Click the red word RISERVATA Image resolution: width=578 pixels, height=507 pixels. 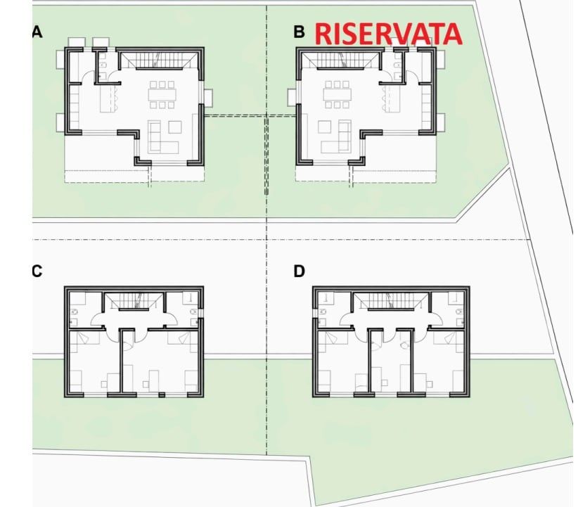pyautogui.click(x=387, y=34)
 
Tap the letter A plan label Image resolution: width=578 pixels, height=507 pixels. pyautogui.click(x=37, y=32)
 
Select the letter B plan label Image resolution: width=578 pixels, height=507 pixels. pyautogui.click(x=300, y=32)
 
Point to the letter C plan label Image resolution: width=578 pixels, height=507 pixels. pyautogui.click(x=37, y=271)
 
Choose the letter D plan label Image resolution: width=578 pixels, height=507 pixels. pyautogui.click(x=300, y=271)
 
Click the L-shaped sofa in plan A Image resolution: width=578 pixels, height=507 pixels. pyautogui.click(x=163, y=138)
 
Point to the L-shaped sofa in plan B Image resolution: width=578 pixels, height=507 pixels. pyautogui.click(x=335, y=138)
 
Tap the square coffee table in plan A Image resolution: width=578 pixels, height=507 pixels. pyautogui.click(x=174, y=127)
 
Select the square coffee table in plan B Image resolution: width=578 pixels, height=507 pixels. pyautogui.click(x=324, y=127)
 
